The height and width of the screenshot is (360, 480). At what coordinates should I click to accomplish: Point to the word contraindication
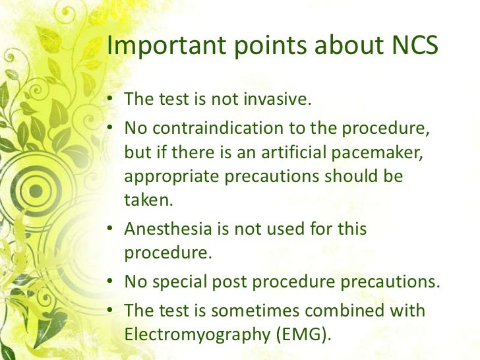pos(212,127)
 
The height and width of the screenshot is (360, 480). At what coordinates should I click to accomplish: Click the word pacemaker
pos(384,153)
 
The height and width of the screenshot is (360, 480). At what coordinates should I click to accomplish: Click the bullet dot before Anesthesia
pos(111,230)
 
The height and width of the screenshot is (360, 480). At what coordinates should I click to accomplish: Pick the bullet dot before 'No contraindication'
pos(111,127)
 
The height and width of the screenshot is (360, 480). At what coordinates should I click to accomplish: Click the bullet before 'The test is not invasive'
pos(111,100)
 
